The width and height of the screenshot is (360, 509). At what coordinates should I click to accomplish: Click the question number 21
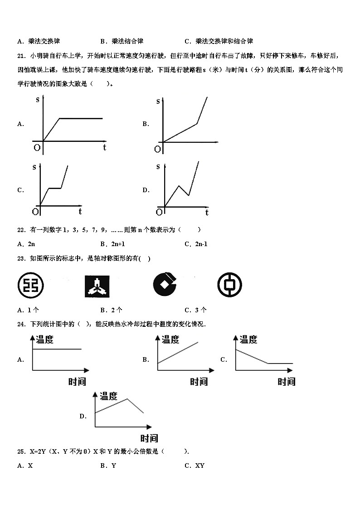20,56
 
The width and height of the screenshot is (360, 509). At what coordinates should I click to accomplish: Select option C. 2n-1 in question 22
196,244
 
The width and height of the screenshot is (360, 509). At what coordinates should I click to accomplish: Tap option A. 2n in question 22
26,244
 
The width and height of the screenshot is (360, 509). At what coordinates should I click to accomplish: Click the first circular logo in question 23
30,285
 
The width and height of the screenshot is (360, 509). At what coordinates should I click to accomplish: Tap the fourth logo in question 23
229,285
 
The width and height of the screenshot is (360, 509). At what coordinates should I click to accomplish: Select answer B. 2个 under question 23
112,310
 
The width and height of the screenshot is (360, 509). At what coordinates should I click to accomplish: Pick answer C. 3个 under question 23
196,310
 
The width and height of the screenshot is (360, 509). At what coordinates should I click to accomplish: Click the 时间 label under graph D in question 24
149,438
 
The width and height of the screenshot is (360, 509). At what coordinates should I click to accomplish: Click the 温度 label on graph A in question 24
44,339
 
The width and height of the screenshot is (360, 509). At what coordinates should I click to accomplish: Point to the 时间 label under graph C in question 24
286,382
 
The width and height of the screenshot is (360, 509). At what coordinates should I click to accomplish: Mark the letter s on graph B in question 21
158,101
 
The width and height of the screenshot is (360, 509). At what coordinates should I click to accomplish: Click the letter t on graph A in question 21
104,147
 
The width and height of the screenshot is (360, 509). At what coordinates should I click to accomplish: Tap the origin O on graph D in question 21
159,212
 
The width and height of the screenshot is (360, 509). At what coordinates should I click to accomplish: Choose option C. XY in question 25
195,465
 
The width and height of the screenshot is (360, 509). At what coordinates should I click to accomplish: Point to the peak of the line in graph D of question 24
127,398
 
